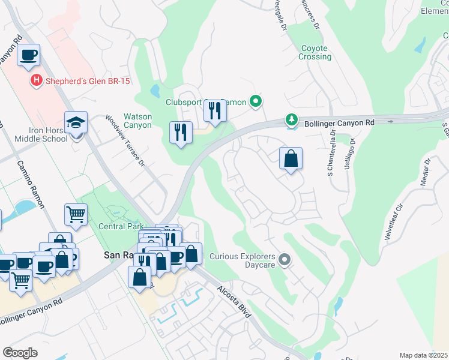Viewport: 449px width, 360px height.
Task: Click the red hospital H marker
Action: pyautogui.click(x=36, y=80)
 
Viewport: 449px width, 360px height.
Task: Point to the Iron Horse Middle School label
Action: pyautogui.click(x=38, y=135)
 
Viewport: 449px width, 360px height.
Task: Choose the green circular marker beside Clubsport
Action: pyautogui.click(x=256, y=101)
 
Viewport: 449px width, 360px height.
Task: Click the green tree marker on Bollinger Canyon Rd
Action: pyautogui.click(x=291, y=121)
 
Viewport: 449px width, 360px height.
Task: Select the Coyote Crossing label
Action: pyautogui.click(x=315, y=52)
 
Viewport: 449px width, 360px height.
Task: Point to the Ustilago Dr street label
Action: pyautogui.click(x=349, y=154)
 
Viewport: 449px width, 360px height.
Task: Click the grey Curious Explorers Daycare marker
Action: pyautogui.click(x=285, y=260)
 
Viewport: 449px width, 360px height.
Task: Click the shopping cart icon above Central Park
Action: pyautogui.click(x=76, y=214)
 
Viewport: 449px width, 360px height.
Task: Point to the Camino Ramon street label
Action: pyautogui.click(x=31, y=184)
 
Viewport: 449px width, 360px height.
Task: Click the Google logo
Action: pyautogui.click(x=20, y=353)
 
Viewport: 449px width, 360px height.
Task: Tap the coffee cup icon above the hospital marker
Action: pyautogui.click(x=28, y=55)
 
